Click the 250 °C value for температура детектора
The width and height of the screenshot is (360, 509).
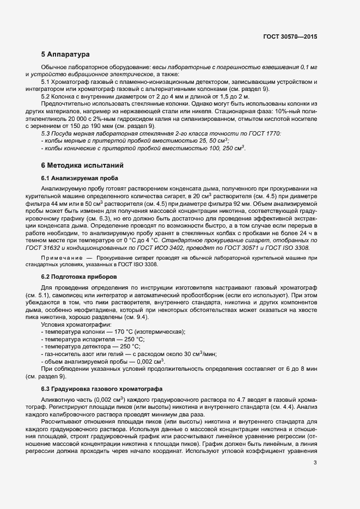[128, 346]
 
